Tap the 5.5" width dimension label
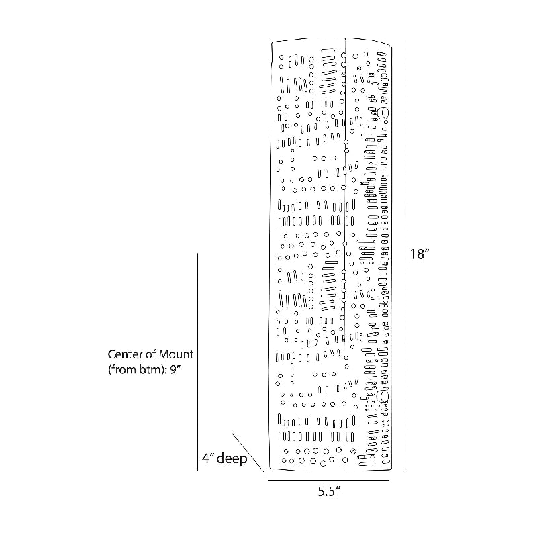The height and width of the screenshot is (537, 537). [x=330, y=491]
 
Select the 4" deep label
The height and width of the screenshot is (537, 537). [x=224, y=460]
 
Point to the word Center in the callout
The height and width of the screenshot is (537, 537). [x=128, y=354]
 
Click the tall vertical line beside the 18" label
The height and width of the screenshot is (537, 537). [x=405, y=255]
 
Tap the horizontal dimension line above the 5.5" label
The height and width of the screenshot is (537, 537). [x=330, y=480]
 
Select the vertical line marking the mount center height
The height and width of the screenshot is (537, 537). [x=197, y=362]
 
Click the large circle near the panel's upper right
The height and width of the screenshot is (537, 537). [x=383, y=113]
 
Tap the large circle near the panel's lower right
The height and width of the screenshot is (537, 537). [x=383, y=397]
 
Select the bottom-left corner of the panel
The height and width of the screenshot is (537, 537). [x=270, y=469]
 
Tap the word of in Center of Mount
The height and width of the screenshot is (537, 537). [x=151, y=354]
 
